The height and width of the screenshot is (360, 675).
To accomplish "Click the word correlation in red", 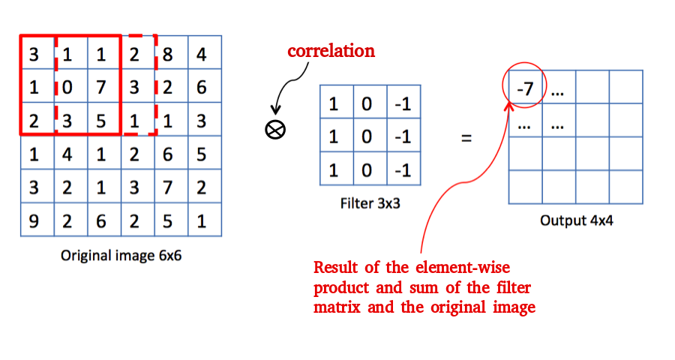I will click(x=331, y=52).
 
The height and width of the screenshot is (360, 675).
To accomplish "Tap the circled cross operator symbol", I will click(x=275, y=130).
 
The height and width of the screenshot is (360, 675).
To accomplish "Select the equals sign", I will click(x=466, y=137).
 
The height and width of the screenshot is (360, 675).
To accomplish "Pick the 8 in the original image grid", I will click(x=168, y=54).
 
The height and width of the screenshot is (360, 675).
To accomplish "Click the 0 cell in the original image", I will click(x=67, y=87).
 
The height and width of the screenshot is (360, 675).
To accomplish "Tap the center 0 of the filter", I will click(x=367, y=136).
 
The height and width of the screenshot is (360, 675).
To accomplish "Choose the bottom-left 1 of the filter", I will click(x=334, y=170).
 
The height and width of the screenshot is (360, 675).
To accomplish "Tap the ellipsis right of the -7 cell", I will click(x=558, y=93).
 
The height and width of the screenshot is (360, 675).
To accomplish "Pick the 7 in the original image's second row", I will click(x=101, y=87).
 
